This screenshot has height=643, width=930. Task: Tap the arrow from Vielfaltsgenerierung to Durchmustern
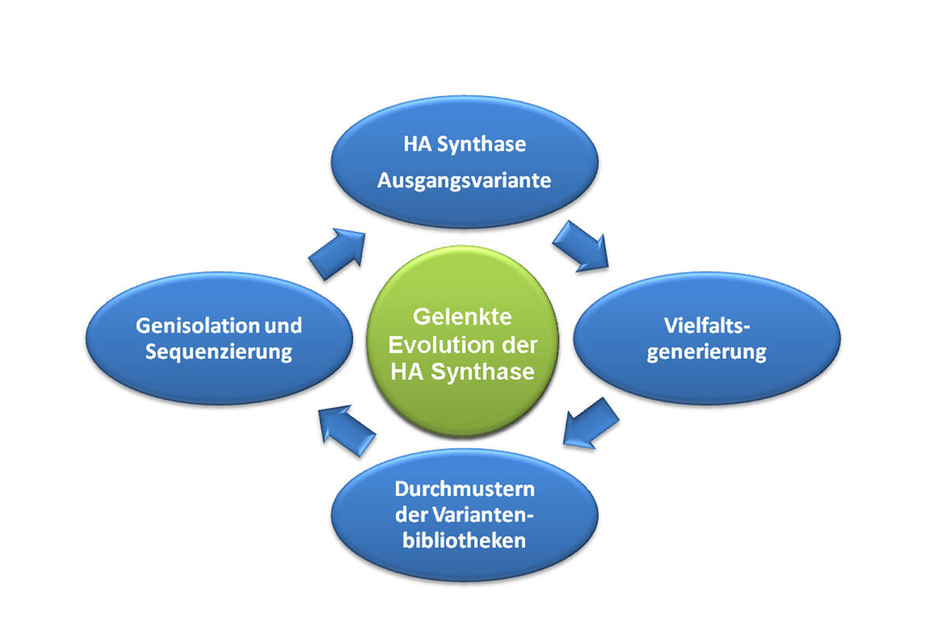click(x=591, y=422)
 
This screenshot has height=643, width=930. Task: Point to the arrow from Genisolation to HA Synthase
click(x=337, y=253)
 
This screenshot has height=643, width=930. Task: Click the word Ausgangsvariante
click(x=464, y=181)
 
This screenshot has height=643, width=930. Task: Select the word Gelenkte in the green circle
click(x=463, y=317)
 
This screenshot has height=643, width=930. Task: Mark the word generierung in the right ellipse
click(x=706, y=352)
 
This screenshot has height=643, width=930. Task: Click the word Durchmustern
click(x=464, y=490)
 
